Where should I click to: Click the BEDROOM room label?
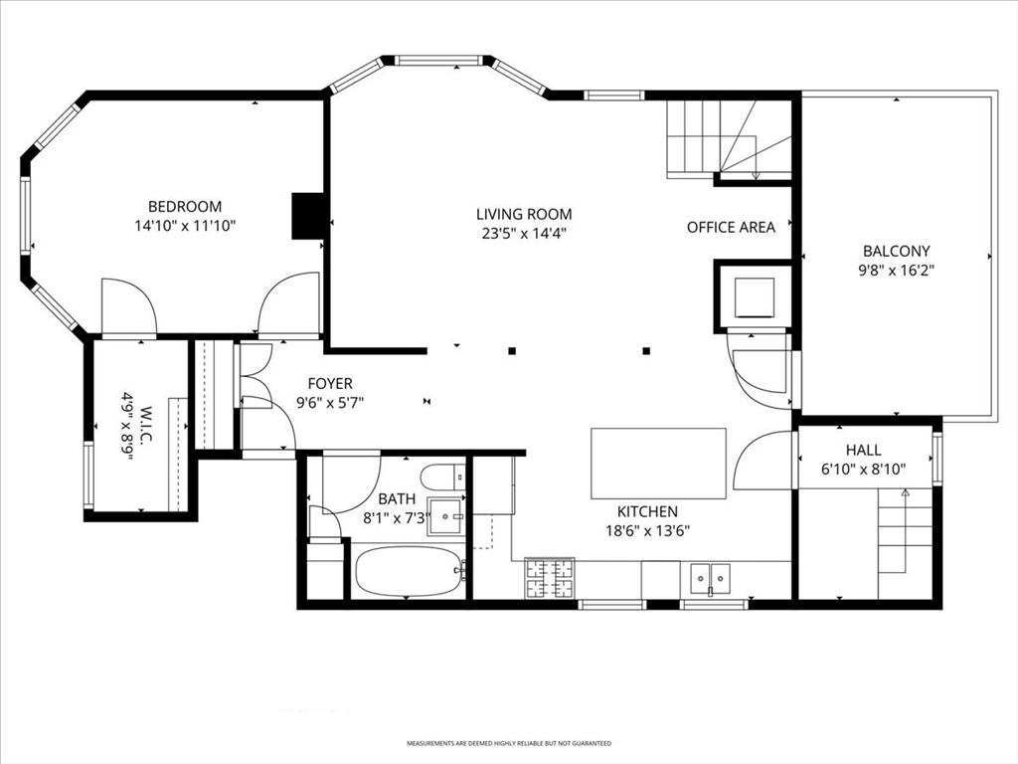pos(185,207)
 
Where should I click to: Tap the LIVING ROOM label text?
pos(524,214)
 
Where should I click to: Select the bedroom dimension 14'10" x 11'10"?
pos(184,226)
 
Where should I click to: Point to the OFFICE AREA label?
pos(731,228)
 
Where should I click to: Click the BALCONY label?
pos(896,251)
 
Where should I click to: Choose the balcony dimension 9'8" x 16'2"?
pos(896,271)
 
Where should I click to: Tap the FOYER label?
pos(330,383)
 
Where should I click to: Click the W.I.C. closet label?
pos(145,426)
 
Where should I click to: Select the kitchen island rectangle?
pos(658,464)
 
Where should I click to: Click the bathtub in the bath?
pos(409,570)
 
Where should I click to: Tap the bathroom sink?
pos(446,516)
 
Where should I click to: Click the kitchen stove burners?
pos(549,578)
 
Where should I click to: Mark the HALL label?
pos(864,450)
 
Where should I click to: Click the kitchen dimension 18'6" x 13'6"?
pos(647,531)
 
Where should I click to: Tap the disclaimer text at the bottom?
pos(509,743)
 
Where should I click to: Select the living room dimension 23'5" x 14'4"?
pos(525,233)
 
